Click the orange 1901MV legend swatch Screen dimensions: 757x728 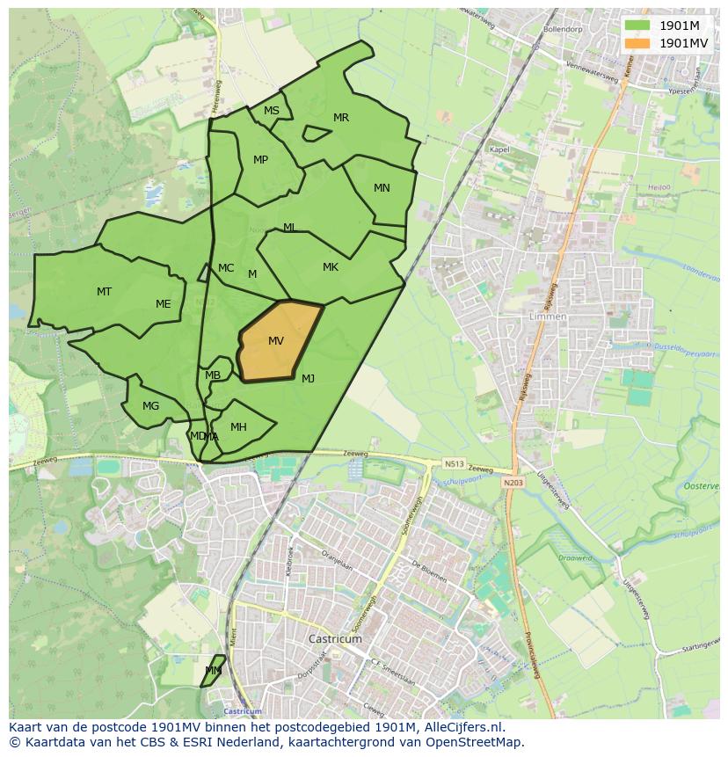click(637, 43)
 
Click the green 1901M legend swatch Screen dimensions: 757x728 click(637, 25)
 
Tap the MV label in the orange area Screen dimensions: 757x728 click(276, 341)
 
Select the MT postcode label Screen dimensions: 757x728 click(104, 291)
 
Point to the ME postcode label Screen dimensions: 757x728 click(163, 304)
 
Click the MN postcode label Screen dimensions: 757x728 click(382, 188)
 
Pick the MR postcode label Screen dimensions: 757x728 click(341, 118)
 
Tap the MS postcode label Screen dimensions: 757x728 click(272, 111)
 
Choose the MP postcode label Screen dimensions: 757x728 click(260, 160)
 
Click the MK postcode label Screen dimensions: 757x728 click(331, 267)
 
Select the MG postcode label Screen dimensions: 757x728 click(151, 406)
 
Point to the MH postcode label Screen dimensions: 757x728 click(238, 427)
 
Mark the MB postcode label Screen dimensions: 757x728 click(213, 375)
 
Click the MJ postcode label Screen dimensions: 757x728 click(308, 379)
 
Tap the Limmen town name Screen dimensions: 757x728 click(549, 317)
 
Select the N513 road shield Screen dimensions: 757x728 click(454, 463)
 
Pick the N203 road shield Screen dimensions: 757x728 click(513, 483)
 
